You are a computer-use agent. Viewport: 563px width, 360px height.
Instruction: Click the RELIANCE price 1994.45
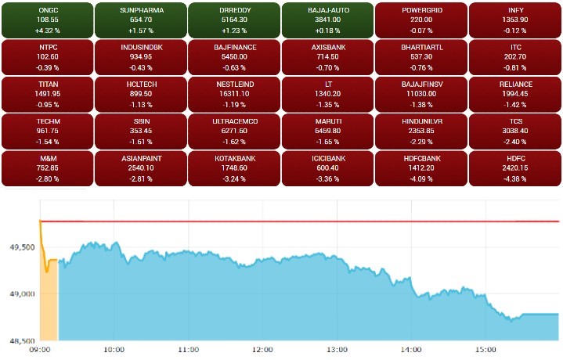point(515,93)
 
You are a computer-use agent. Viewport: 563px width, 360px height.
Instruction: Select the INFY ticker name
point(515,9)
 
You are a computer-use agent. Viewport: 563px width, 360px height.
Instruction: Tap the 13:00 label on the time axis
point(337,350)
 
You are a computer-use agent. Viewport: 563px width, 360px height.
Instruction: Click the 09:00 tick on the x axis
point(40,350)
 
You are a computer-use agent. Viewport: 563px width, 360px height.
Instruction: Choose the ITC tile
point(515,56)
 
